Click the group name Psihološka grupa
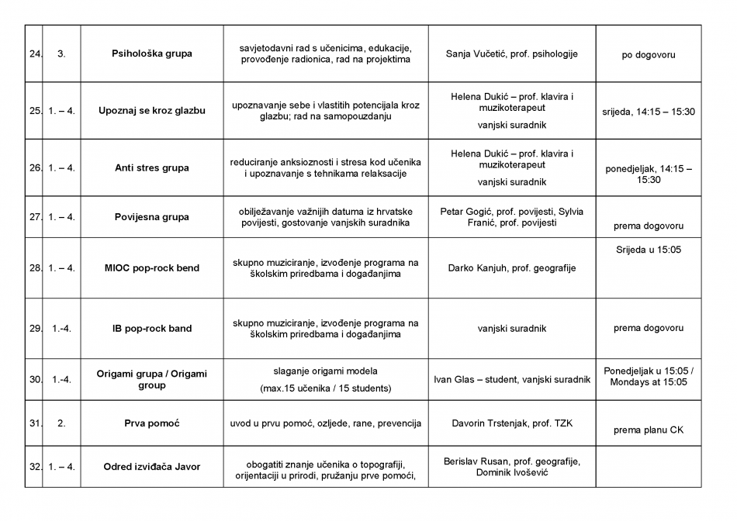pyautogui.click(x=152, y=54)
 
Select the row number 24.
pyautogui.click(x=35, y=54)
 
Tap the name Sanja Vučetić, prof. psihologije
pyautogui.click(x=511, y=54)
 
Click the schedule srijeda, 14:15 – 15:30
pyautogui.click(x=649, y=112)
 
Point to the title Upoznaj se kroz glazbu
pyautogui.click(x=152, y=111)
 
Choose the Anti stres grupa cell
pyautogui.click(x=152, y=167)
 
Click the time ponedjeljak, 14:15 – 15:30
pyautogui.click(x=649, y=174)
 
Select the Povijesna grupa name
pyautogui.click(x=152, y=217)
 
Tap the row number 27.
pyautogui.click(x=35, y=217)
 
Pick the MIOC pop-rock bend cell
pyautogui.click(x=152, y=268)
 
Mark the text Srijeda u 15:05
pyautogui.click(x=648, y=250)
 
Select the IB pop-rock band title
pyautogui.click(x=152, y=329)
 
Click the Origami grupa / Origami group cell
pyautogui.click(x=152, y=379)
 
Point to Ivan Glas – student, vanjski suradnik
pyautogui.click(x=511, y=380)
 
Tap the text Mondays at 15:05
pyautogui.click(x=649, y=382)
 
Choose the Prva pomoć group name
pyautogui.click(x=152, y=423)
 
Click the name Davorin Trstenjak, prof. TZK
pyautogui.click(x=511, y=423)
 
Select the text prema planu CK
pyautogui.click(x=649, y=430)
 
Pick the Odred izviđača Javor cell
pyautogui.click(x=152, y=467)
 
